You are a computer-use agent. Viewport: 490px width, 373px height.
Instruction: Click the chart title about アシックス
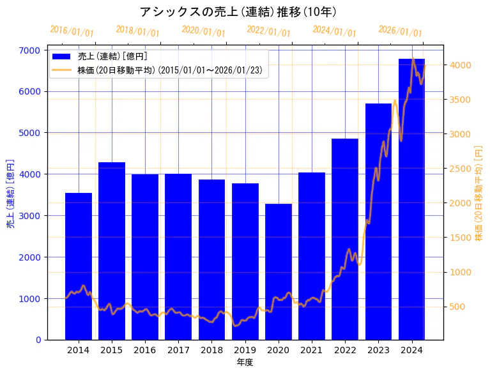click(x=238, y=11)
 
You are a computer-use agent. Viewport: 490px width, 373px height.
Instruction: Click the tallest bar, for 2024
click(x=411, y=199)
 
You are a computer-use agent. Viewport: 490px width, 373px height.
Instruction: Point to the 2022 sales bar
click(x=345, y=239)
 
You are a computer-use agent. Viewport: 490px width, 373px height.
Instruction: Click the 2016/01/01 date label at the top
click(x=72, y=31)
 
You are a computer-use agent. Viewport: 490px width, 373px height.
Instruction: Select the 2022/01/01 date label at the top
click(x=268, y=31)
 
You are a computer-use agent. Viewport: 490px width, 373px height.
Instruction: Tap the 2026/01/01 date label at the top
click(x=400, y=31)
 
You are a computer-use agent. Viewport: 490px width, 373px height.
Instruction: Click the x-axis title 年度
click(x=245, y=362)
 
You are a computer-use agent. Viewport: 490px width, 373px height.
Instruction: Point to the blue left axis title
click(x=10, y=194)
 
